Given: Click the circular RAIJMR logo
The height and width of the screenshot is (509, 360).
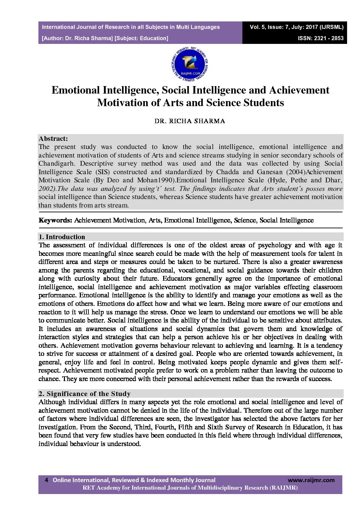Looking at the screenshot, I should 190,65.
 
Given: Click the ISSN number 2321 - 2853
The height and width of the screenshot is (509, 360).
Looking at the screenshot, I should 321,38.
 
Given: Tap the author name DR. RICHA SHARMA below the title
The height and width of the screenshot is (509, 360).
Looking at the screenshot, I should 190,121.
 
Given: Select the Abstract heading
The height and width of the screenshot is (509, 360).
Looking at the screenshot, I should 53,138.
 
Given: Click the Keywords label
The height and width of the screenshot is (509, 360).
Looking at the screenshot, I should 55,220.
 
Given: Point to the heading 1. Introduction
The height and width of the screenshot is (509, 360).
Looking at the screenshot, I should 62,237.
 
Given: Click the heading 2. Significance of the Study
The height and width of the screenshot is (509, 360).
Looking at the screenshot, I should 84,394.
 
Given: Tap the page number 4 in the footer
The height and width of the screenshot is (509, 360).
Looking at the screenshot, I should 47,480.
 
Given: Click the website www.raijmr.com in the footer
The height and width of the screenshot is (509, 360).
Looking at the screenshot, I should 311,480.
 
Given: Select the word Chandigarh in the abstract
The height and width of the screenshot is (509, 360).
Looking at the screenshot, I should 56,163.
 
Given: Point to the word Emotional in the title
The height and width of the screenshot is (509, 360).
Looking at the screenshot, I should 76,90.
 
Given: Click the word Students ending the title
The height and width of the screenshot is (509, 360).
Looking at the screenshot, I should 263,103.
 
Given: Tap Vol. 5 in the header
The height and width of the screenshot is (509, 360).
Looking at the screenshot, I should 257,27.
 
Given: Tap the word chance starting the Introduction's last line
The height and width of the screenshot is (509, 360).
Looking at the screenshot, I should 49,379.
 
